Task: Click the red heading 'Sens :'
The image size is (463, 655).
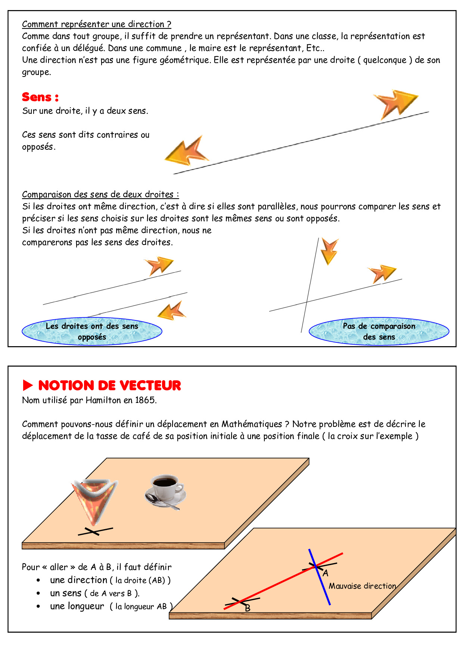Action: (40, 97)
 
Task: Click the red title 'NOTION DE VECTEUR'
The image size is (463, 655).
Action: (109, 385)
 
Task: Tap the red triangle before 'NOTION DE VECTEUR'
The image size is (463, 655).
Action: (28, 385)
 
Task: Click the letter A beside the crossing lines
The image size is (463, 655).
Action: (326, 573)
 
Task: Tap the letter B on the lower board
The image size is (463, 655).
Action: (247, 608)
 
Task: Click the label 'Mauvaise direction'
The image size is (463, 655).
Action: (362, 586)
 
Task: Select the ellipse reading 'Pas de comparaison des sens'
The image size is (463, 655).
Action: (379, 331)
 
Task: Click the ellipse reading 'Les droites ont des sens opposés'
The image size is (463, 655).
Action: (92, 331)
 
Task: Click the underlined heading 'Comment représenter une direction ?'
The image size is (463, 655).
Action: (96, 24)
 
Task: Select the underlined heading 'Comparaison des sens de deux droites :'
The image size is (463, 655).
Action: (100, 195)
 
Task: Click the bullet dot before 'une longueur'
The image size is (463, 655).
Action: (38, 606)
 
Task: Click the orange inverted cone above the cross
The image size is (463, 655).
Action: (94, 500)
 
